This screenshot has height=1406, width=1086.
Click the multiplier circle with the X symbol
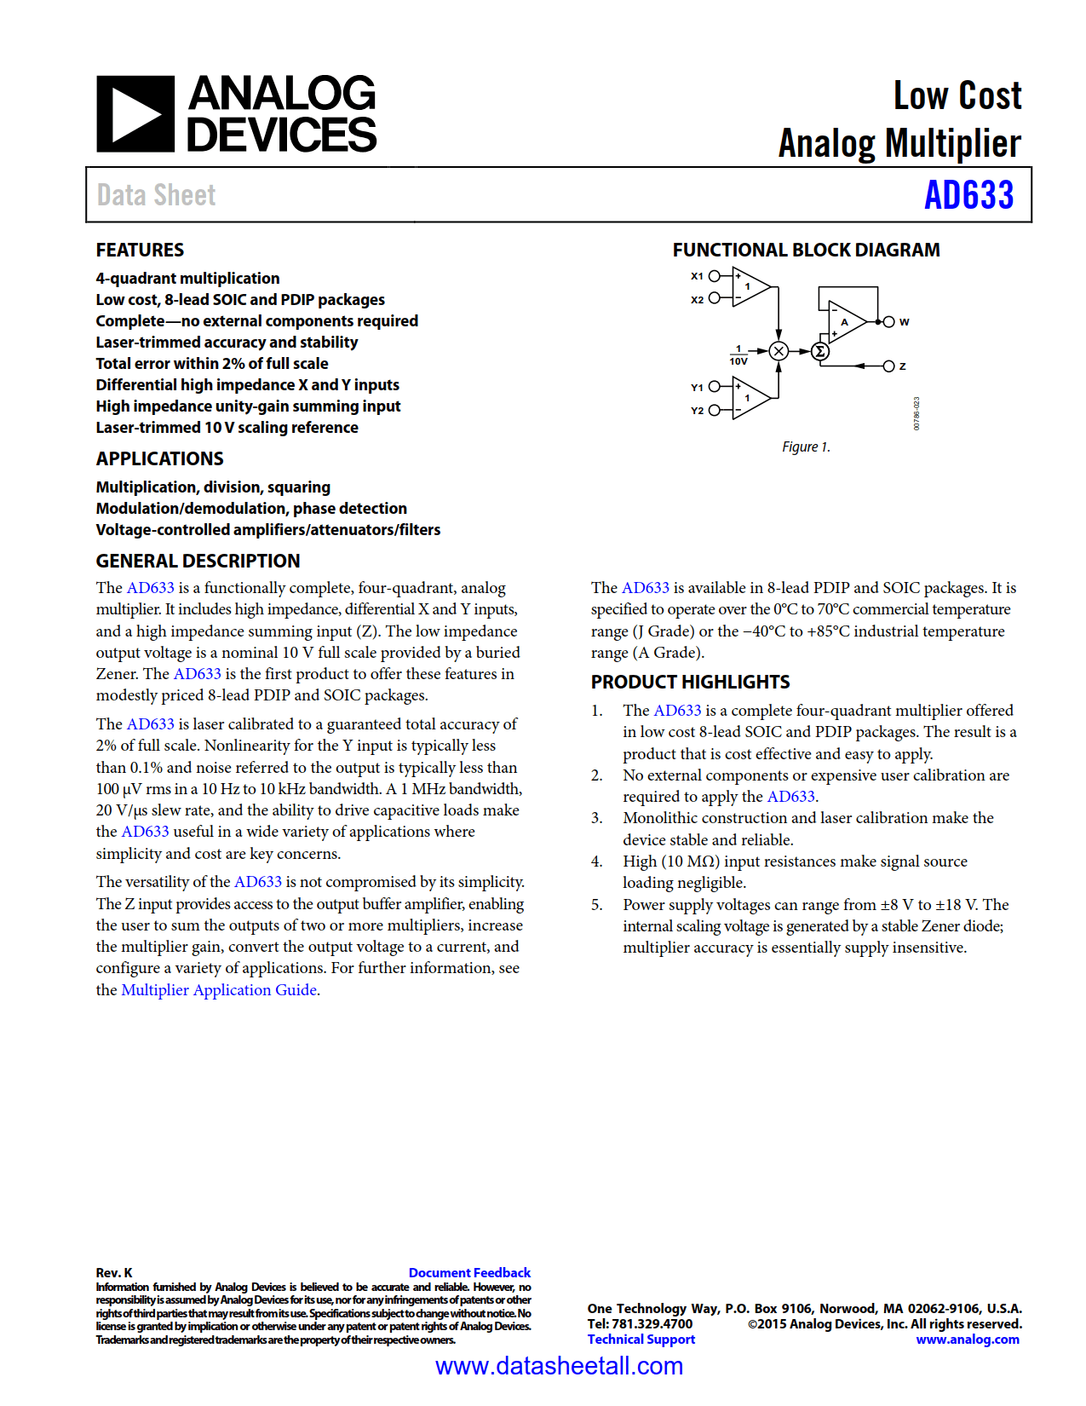(778, 351)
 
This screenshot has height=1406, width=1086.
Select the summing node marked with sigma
(819, 351)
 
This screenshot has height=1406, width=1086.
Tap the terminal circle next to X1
(715, 276)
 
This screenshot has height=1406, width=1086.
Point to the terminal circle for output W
(888, 322)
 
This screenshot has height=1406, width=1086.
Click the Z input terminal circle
(888, 366)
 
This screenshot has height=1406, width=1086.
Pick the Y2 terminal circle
(715, 410)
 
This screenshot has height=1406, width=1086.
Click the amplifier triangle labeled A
(846, 322)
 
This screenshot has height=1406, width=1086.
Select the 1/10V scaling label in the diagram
(738, 355)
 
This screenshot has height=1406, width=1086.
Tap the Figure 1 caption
(806, 447)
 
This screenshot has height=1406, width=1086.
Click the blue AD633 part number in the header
(968, 195)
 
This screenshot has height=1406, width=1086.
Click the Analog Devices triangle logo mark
(135, 114)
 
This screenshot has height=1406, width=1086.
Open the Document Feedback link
(469, 1272)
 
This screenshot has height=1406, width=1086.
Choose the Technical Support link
(641, 1340)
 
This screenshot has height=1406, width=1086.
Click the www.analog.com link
(968, 1340)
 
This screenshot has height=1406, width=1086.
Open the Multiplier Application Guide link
(219, 990)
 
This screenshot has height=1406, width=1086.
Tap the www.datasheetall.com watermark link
(559, 1367)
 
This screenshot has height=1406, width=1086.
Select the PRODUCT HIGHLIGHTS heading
(690, 682)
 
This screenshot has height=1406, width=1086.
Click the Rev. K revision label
(114, 1272)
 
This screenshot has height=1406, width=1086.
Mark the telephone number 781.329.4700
(652, 1324)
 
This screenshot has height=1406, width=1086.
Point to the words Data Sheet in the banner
(156, 195)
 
